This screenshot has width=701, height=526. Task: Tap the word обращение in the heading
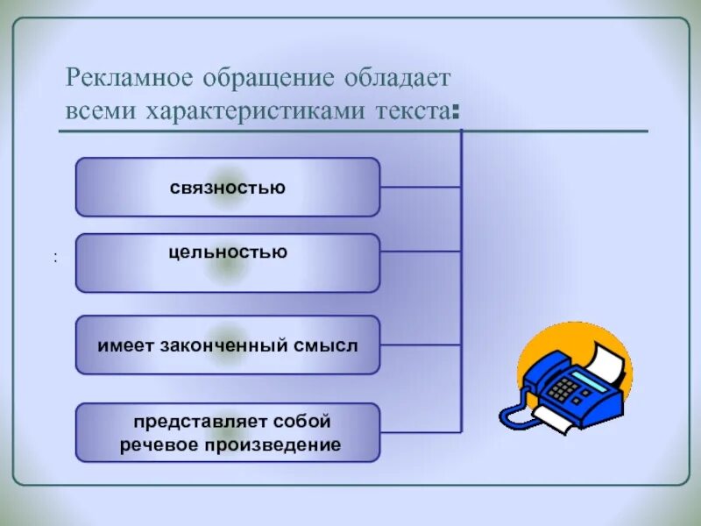pyautogui.click(x=242, y=78)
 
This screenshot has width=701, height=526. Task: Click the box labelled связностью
pyautogui.click(x=228, y=187)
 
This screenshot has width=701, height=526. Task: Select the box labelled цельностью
pyautogui.click(x=228, y=262)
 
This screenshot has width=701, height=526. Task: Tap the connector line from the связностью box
pyautogui.click(x=421, y=187)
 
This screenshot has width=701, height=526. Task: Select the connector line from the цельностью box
pyautogui.click(x=421, y=252)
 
